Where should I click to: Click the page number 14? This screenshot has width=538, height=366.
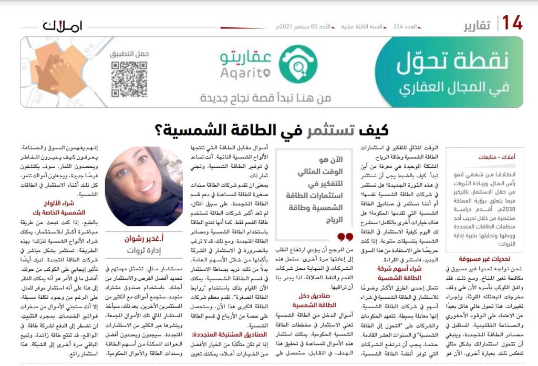[512, 23]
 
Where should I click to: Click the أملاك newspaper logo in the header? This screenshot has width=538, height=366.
[63, 25]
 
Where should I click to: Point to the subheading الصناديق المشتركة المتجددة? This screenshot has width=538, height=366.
[232, 334]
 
